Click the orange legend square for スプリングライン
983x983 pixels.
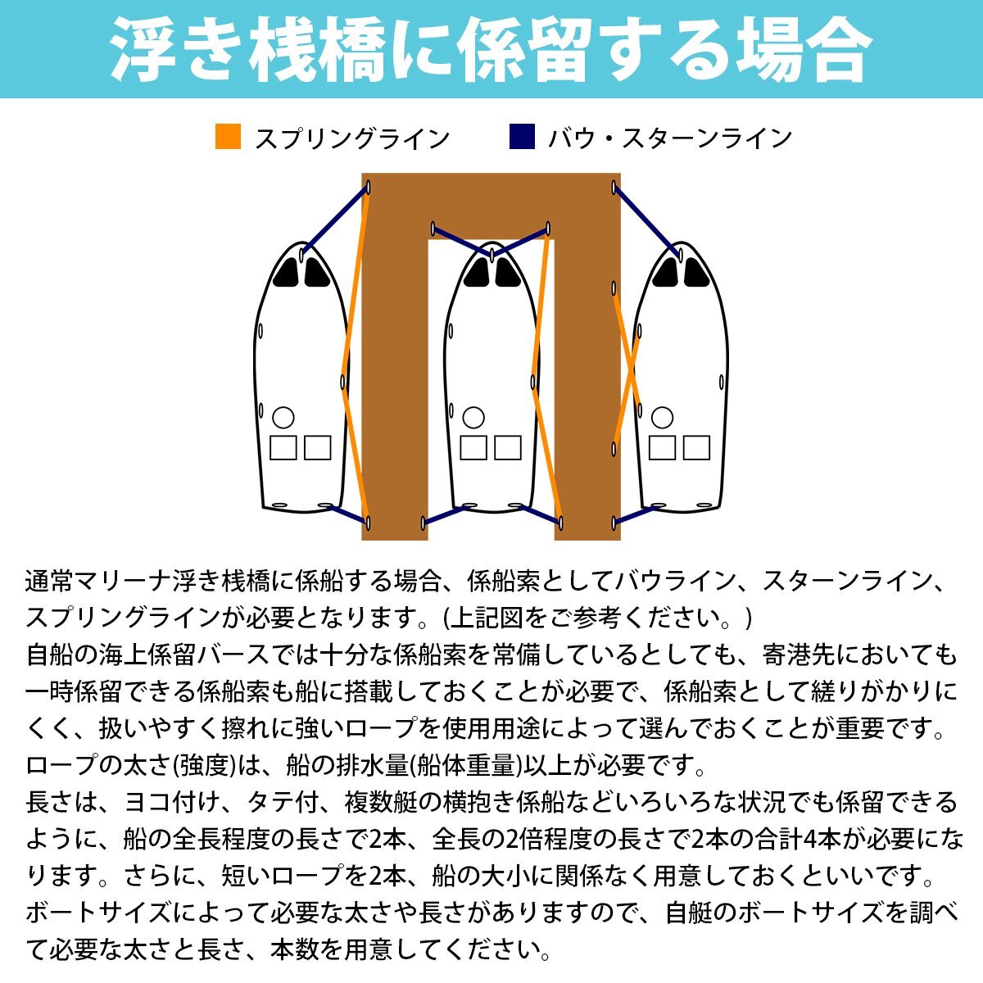click(x=228, y=137)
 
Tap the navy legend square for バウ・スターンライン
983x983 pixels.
click(x=522, y=137)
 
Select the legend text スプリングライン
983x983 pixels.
click(x=352, y=138)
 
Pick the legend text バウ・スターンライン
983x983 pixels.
click(x=669, y=138)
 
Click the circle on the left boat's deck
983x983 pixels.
click(x=283, y=418)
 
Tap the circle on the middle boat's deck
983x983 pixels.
click(x=473, y=418)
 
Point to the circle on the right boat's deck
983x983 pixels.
click(x=662, y=418)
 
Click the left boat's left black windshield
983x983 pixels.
click(x=287, y=273)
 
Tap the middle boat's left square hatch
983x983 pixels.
click(x=473, y=447)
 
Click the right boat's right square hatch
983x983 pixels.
click(x=696, y=447)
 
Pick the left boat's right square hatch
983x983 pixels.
click(x=317, y=447)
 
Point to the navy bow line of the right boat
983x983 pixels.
click(x=646, y=219)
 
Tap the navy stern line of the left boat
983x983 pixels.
click(x=348, y=514)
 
